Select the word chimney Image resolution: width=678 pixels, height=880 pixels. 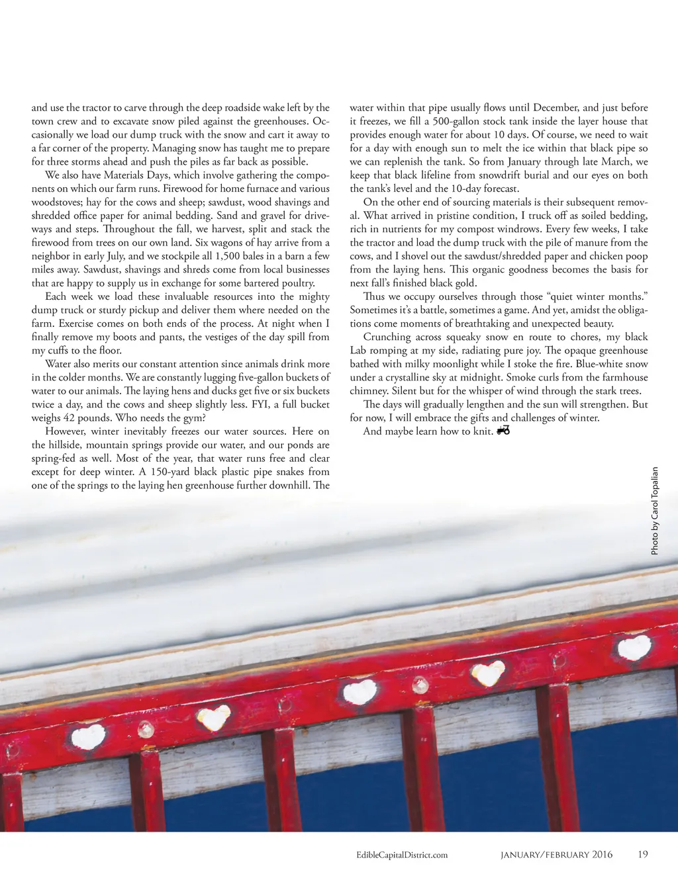[369, 391]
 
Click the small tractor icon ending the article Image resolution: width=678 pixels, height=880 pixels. [503, 431]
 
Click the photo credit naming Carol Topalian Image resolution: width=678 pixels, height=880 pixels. [655, 511]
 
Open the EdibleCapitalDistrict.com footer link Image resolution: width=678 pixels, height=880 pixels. [402, 855]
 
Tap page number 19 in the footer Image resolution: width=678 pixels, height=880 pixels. [643, 854]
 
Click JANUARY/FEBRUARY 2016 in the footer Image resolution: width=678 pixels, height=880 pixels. [556, 855]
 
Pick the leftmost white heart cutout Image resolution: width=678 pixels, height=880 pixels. [88, 736]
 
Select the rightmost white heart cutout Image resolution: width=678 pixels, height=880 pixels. [634, 647]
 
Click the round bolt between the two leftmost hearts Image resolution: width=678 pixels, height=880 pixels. [146, 730]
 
